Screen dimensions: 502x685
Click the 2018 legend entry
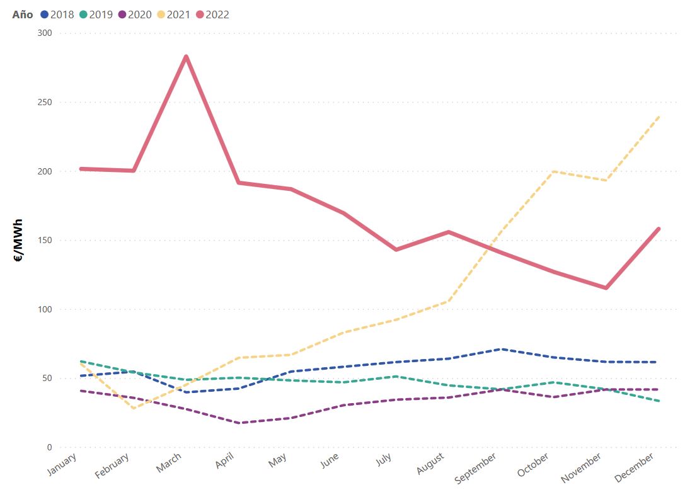pos(57,14)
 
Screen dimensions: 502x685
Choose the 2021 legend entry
pos(173,14)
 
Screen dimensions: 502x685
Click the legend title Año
pos(23,14)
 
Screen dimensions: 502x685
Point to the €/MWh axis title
pos(18,240)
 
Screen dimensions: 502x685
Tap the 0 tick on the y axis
pos(48,447)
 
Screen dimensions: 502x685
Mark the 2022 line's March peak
pos(186,57)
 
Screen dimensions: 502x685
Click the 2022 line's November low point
pos(606,288)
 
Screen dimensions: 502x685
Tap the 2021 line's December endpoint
pos(659,117)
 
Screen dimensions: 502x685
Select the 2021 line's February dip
pos(134,408)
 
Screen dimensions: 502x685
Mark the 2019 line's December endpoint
pos(659,401)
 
